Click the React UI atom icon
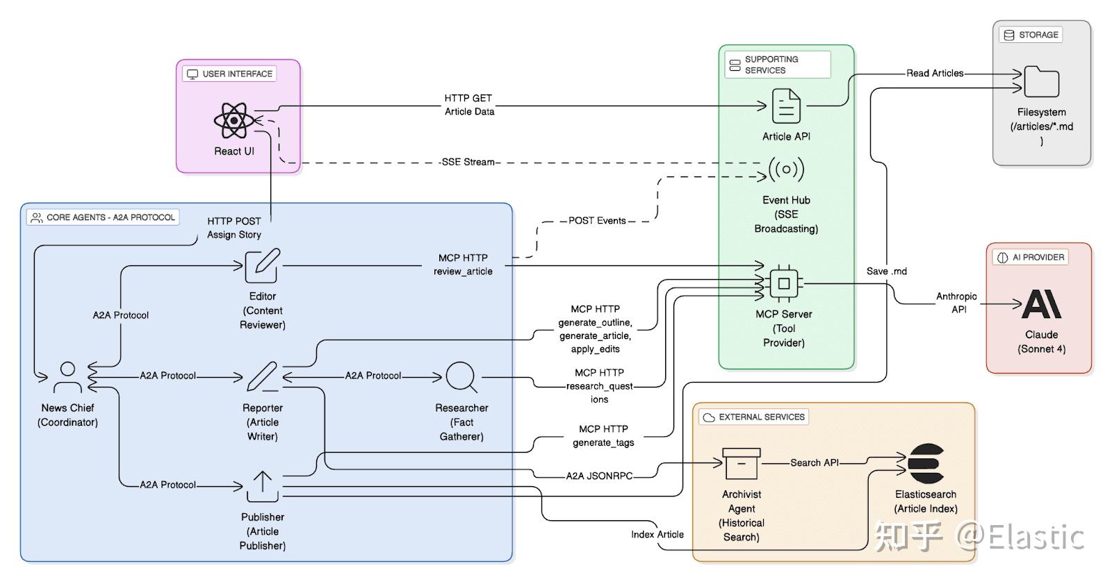[234, 121]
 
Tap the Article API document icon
[786, 106]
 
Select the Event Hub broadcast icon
[786, 169]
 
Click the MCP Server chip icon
[784, 283]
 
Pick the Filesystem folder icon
[1041, 81]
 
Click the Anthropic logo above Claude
[1041, 304]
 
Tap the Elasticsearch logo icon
[925, 464]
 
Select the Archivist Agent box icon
[741, 463]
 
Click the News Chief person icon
[67, 378]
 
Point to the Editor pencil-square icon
[263, 265]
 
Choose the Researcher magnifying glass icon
[461, 378]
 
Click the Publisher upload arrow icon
[263, 486]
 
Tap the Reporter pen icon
[263, 378]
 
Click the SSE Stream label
[468, 162]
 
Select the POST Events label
[597, 221]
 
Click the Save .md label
[886, 272]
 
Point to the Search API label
[814, 463]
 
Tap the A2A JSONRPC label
[599, 476]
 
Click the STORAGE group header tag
[1031, 35]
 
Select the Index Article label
[657, 534]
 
